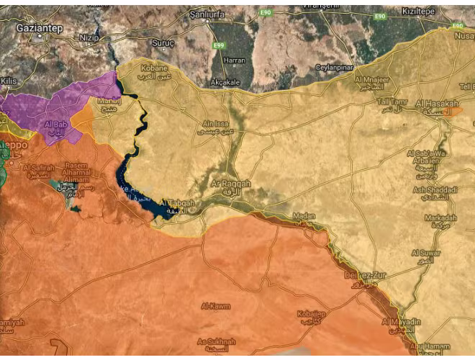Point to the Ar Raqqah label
tap(230, 185)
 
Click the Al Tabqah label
tap(178, 204)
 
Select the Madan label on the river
tap(304, 215)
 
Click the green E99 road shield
tap(217, 45)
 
